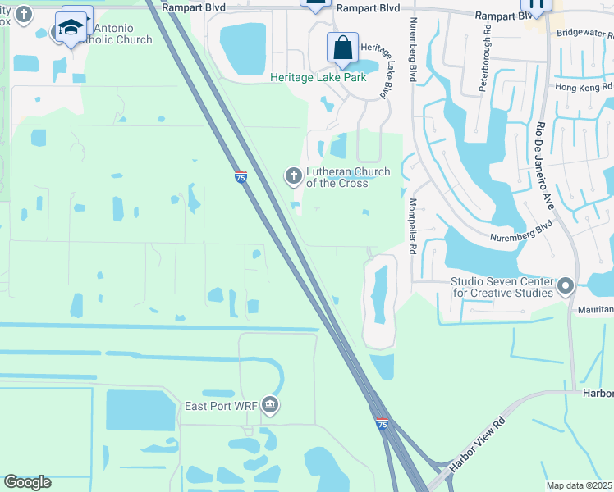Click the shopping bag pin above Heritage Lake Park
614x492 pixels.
[342, 48]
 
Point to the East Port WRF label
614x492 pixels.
[222, 406]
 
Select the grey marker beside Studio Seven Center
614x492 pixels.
[565, 286]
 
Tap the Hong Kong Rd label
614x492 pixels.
[584, 86]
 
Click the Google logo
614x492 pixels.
[27, 482]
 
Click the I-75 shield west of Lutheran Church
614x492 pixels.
[240, 177]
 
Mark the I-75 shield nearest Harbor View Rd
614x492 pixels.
[383, 423]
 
